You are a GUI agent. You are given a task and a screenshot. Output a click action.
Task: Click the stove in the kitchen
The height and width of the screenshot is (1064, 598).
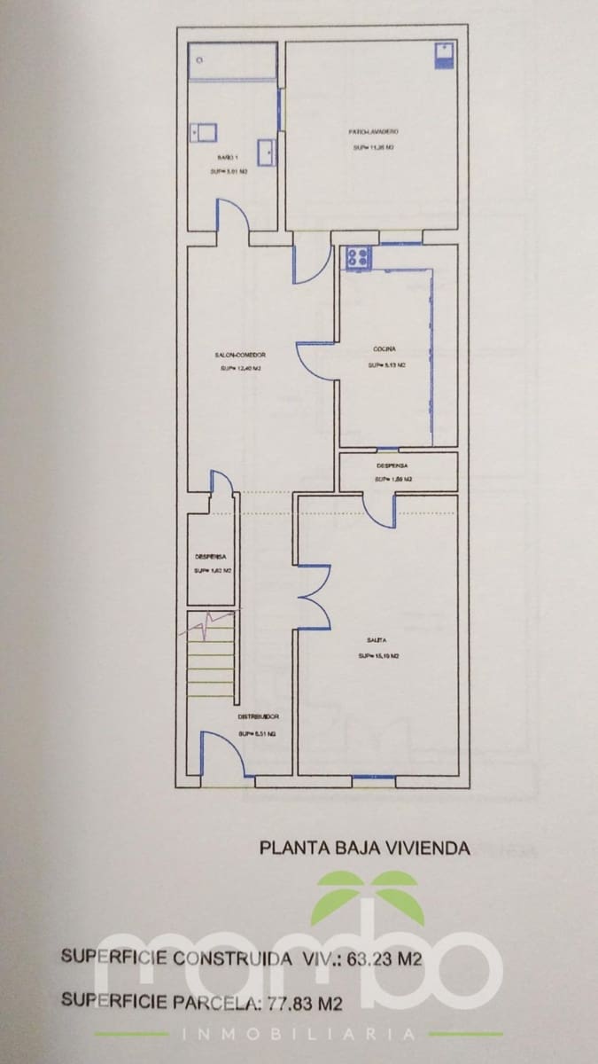tap(358, 258)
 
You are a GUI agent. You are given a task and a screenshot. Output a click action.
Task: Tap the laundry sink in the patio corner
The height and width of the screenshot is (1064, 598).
tap(443, 56)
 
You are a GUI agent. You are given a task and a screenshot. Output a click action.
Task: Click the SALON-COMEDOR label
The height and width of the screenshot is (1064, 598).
tap(239, 355)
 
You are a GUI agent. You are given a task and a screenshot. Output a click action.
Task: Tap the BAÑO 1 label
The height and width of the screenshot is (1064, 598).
tap(228, 157)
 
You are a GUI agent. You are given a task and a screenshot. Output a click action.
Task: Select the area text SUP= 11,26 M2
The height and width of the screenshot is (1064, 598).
tap(372, 148)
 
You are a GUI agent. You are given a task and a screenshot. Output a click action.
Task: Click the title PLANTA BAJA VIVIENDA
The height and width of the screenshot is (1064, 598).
tap(364, 848)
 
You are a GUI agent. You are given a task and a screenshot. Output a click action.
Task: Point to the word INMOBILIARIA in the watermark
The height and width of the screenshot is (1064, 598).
tap(299, 1034)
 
